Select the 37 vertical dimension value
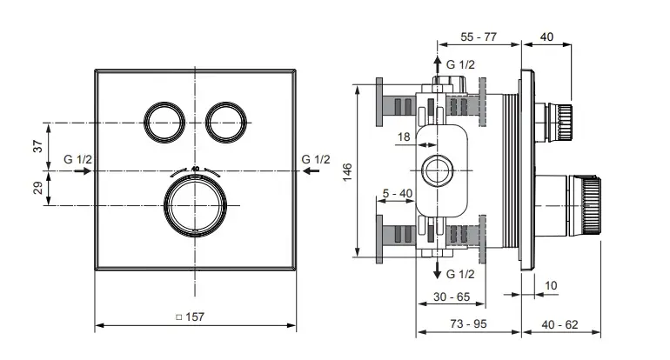point(37,146)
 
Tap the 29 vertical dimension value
point(37,189)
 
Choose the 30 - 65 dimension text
point(451,297)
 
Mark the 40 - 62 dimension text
point(559,324)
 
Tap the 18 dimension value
point(404,137)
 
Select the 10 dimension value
point(551,284)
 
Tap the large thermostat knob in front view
point(195,204)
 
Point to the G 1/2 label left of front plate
point(78,159)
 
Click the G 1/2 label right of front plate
point(315,159)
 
